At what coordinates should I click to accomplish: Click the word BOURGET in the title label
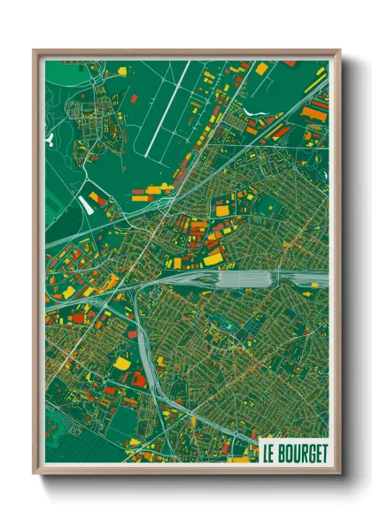pyautogui.click(x=301, y=453)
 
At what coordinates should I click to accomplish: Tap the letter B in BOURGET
pyautogui.click(x=282, y=453)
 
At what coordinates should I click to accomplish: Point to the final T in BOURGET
pyautogui.click(x=323, y=453)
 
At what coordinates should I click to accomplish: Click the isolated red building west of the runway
pyautogui.click(x=134, y=99)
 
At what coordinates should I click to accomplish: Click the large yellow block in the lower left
pyautogui.click(x=122, y=363)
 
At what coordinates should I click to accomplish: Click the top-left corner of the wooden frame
pyautogui.click(x=35, y=51)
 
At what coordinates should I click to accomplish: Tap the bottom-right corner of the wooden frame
pyautogui.click(x=339, y=474)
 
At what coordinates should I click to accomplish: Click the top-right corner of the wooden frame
pyautogui.click(x=339, y=51)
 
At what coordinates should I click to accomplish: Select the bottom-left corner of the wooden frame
pyautogui.click(x=35, y=474)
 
